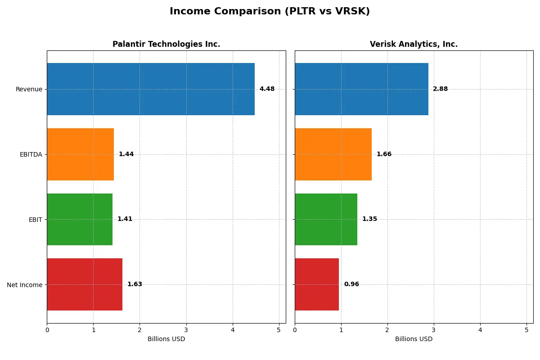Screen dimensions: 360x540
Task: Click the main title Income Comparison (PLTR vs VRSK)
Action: [270, 12]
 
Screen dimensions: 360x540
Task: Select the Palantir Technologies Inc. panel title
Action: [166, 44]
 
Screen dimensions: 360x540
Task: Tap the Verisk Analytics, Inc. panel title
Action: [414, 44]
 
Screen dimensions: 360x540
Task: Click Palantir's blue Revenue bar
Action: [151, 89]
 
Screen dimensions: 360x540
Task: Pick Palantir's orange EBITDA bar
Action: [80, 154]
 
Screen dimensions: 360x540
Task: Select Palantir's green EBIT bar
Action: [80, 219]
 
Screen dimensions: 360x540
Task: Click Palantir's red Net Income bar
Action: [85, 284]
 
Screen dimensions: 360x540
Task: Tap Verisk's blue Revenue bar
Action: [361, 89]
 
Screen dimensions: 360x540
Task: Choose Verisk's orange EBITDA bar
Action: [333, 154]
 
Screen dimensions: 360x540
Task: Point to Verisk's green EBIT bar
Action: [326, 219]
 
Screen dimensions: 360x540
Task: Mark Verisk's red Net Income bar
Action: [317, 284]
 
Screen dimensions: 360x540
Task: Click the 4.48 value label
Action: [267, 89]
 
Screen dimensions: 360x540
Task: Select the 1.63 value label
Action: [135, 284]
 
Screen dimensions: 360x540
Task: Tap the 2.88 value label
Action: [440, 89]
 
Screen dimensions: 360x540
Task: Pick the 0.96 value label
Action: [351, 284]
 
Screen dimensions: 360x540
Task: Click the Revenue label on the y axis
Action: [29, 89]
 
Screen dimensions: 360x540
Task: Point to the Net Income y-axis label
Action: [25, 284]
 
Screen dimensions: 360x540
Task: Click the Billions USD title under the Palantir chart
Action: [166, 339]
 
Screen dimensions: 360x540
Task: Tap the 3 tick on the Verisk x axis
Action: [434, 330]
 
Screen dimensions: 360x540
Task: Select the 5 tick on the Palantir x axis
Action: [279, 330]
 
